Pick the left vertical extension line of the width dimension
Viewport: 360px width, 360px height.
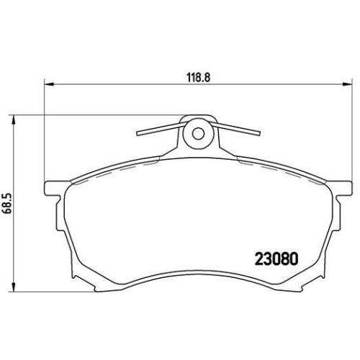45,130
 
